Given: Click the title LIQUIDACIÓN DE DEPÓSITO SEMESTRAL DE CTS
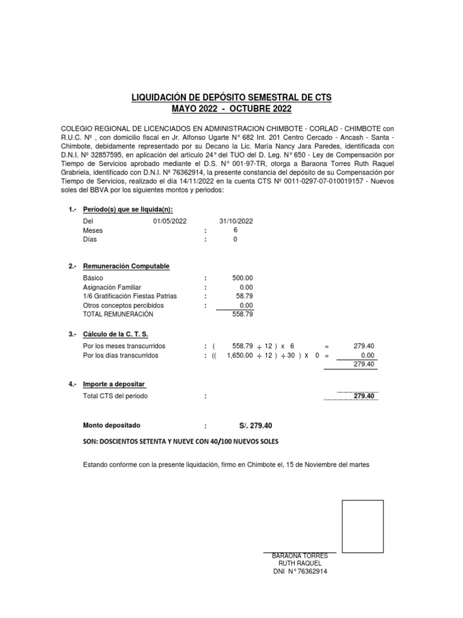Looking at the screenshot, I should [231, 97].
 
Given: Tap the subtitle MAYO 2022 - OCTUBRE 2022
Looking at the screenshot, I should [231, 109].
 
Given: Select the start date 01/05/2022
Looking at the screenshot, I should [171, 221].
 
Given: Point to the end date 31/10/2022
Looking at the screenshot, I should [236, 221].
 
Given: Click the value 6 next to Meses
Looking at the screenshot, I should [235, 230].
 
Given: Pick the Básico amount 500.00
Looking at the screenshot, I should [242, 278].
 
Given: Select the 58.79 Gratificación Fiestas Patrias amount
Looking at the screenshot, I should [244, 296].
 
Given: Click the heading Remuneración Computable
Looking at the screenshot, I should [126, 266].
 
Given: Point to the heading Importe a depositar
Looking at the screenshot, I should [114, 384].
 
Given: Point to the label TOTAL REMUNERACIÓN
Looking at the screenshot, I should [118, 314].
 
